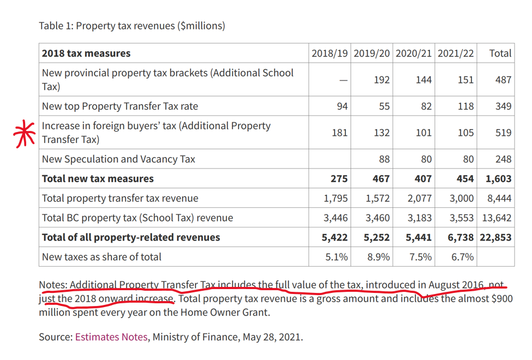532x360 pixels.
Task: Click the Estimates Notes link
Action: tap(111, 337)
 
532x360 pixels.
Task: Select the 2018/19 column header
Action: tap(330, 53)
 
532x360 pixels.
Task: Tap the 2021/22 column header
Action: tap(456, 53)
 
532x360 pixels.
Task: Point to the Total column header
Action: tap(500, 53)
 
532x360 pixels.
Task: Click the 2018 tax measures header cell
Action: tap(86, 53)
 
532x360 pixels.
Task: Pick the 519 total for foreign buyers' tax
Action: tap(503, 133)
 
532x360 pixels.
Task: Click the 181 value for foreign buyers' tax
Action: tap(339, 133)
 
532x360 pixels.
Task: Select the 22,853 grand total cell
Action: tap(495, 237)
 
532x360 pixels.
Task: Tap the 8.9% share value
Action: tap(378, 257)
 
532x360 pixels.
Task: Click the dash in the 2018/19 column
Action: tap(343, 80)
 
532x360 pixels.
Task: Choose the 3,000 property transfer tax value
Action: tap(462, 198)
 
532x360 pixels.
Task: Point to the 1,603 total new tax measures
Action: tap(499, 178)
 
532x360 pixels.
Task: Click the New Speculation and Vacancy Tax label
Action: tap(118, 159)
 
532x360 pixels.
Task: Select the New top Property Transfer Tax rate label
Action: tap(120, 106)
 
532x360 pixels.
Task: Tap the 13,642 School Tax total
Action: tap(497, 218)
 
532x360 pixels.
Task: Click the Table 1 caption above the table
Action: tap(132, 26)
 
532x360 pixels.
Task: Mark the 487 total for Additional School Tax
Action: tap(503, 80)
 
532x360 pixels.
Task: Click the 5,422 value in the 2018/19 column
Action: tap(336, 237)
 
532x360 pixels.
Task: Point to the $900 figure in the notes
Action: tap(500, 299)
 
